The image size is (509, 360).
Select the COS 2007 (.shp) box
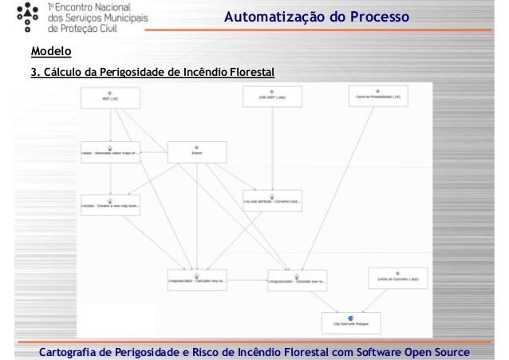pyautogui.click(x=270, y=98)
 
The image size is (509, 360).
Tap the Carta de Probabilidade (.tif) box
pyautogui.click(x=379, y=98)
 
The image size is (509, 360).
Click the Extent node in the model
pyautogui.click(x=196, y=152)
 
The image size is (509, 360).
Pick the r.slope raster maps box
pyautogui.click(x=110, y=152)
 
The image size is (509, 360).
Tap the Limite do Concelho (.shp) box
pyautogui.click(x=394, y=279)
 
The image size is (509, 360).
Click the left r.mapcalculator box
pyautogui.click(x=196, y=280)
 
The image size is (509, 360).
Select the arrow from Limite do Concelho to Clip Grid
pyautogui.click(x=373, y=300)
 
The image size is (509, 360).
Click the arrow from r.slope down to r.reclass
pyautogui.click(x=110, y=178)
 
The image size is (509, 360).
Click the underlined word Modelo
pyautogui.click(x=50, y=53)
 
